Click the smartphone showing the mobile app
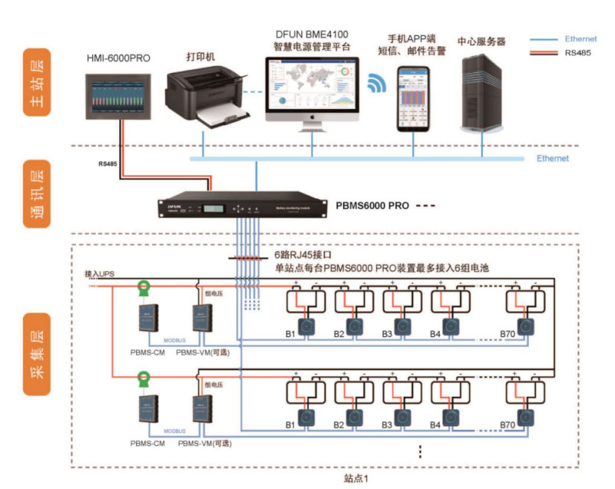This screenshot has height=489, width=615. [x=413, y=98]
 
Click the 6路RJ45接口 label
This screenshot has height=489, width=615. [x=306, y=254]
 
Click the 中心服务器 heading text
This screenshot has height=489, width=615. [x=480, y=41]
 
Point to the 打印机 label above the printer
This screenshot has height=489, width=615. [x=201, y=56]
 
